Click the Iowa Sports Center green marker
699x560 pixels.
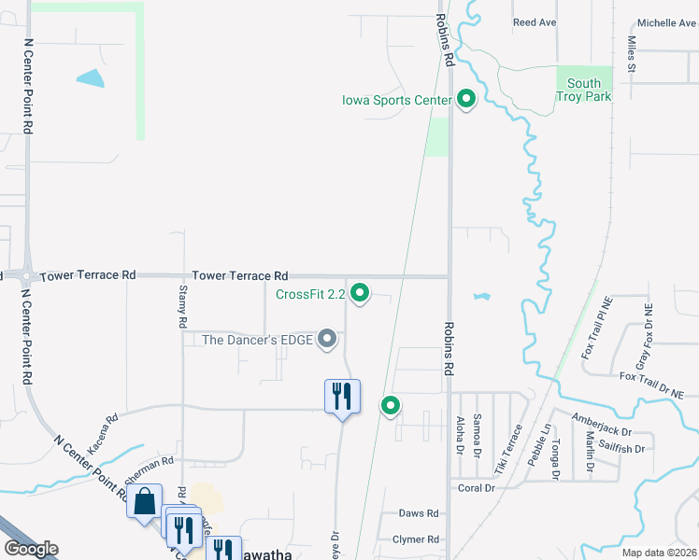466,100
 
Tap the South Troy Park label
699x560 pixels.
584,91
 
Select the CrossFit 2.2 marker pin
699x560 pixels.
358,295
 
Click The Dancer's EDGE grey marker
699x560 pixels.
327,340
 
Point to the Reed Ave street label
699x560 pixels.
535,22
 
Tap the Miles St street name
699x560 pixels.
632,55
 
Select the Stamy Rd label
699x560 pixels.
182,307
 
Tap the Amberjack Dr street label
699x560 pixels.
603,433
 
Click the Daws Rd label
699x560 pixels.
419,513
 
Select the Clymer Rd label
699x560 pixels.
416,539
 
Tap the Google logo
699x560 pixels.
31,549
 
